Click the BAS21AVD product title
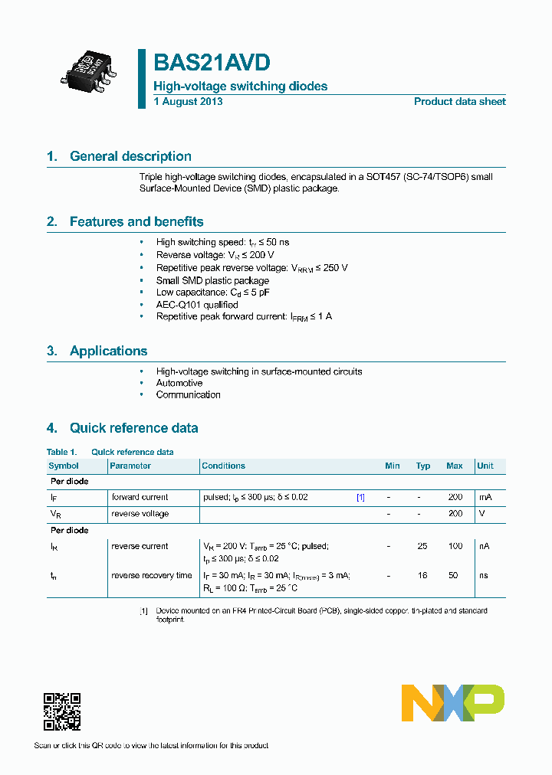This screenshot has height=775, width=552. [x=212, y=63]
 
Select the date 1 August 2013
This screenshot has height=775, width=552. [x=188, y=102]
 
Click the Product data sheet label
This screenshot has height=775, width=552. [x=459, y=102]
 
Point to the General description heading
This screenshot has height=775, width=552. [x=130, y=156]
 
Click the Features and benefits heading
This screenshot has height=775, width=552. [x=136, y=222]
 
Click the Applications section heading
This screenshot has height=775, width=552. [x=108, y=352]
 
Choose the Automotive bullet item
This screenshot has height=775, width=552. [x=179, y=383]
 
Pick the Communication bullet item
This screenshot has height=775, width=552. [x=188, y=395]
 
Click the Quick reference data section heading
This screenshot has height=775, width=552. [x=133, y=428]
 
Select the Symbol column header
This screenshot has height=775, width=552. [x=64, y=466]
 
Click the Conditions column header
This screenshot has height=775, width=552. [x=223, y=466]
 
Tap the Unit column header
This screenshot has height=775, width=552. [x=485, y=466]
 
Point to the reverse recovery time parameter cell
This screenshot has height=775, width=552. [x=152, y=575]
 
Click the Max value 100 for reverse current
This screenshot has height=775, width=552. [x=455, y=546]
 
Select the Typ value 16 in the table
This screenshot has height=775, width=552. [x=422, y=575]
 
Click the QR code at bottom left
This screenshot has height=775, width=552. [x=62, y=711]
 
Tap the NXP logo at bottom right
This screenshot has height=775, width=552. [x=453, y=702]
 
